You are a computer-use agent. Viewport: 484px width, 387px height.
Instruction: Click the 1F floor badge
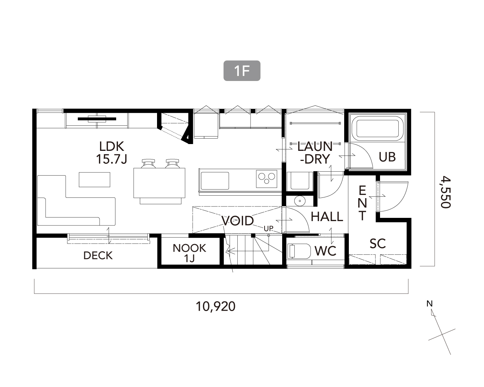click(x=242, y=71)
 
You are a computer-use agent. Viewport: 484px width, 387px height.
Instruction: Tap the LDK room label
click(x=111, y=147)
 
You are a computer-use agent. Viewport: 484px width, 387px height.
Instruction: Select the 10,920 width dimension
click(x=216, y=306)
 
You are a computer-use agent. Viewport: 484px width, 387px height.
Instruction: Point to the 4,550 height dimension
click(x=446, y=192)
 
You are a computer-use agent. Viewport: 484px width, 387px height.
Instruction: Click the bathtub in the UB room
click(x=378, y=129)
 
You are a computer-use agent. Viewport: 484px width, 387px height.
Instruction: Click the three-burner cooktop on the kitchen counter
click(x=266, y=179)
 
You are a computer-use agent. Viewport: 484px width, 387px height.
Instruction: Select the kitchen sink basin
click(x=215, y=181)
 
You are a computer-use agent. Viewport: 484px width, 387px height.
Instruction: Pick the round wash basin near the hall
click(x=300, y=200)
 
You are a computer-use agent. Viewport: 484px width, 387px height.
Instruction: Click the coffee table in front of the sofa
click(x=94, y=180)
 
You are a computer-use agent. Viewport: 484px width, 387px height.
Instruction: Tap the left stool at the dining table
click(x=148, y=163)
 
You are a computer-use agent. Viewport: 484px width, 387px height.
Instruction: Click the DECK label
click(x=98, y=256)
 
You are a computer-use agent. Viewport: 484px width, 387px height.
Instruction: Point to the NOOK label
click(x=189, y=248)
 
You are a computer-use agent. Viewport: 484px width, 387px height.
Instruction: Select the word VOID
click(x=237, y=221)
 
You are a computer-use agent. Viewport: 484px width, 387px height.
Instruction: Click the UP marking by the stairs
click(x=269, y=229)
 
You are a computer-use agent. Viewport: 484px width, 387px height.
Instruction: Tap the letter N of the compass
click(x=430, y=304)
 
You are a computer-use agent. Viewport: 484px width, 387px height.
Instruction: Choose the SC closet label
click(x=378, y=243)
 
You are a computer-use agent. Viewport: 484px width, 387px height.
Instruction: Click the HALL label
click(x=327, y=217)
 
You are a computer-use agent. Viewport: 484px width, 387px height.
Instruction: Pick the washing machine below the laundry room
click(x=300, y=181)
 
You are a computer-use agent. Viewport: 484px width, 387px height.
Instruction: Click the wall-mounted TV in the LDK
click(x=97, y=119)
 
